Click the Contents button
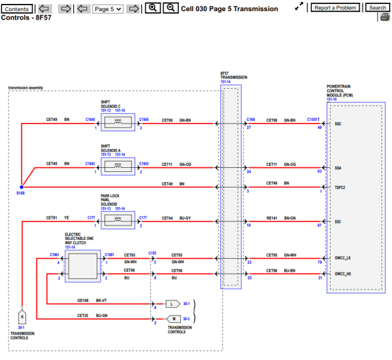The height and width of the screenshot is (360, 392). [17, 8]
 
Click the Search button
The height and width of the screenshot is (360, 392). [377, 8]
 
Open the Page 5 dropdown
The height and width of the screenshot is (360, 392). [108, 9]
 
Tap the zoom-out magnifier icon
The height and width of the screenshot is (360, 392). [169, 8]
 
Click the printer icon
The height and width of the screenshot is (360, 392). [384, 18]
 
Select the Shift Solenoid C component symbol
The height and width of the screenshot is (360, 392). [117, 123]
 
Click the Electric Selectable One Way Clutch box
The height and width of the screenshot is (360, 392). [82, 267]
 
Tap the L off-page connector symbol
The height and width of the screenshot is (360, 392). [171, 304]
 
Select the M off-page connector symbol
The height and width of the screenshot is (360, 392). [171, 318]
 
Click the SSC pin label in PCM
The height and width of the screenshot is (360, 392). [338, 123]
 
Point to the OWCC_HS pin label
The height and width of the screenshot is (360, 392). [343, 274]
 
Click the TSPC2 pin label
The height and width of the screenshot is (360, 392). [340, 187]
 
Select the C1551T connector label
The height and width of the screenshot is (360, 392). [314, 120]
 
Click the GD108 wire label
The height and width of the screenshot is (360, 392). [82, 301]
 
